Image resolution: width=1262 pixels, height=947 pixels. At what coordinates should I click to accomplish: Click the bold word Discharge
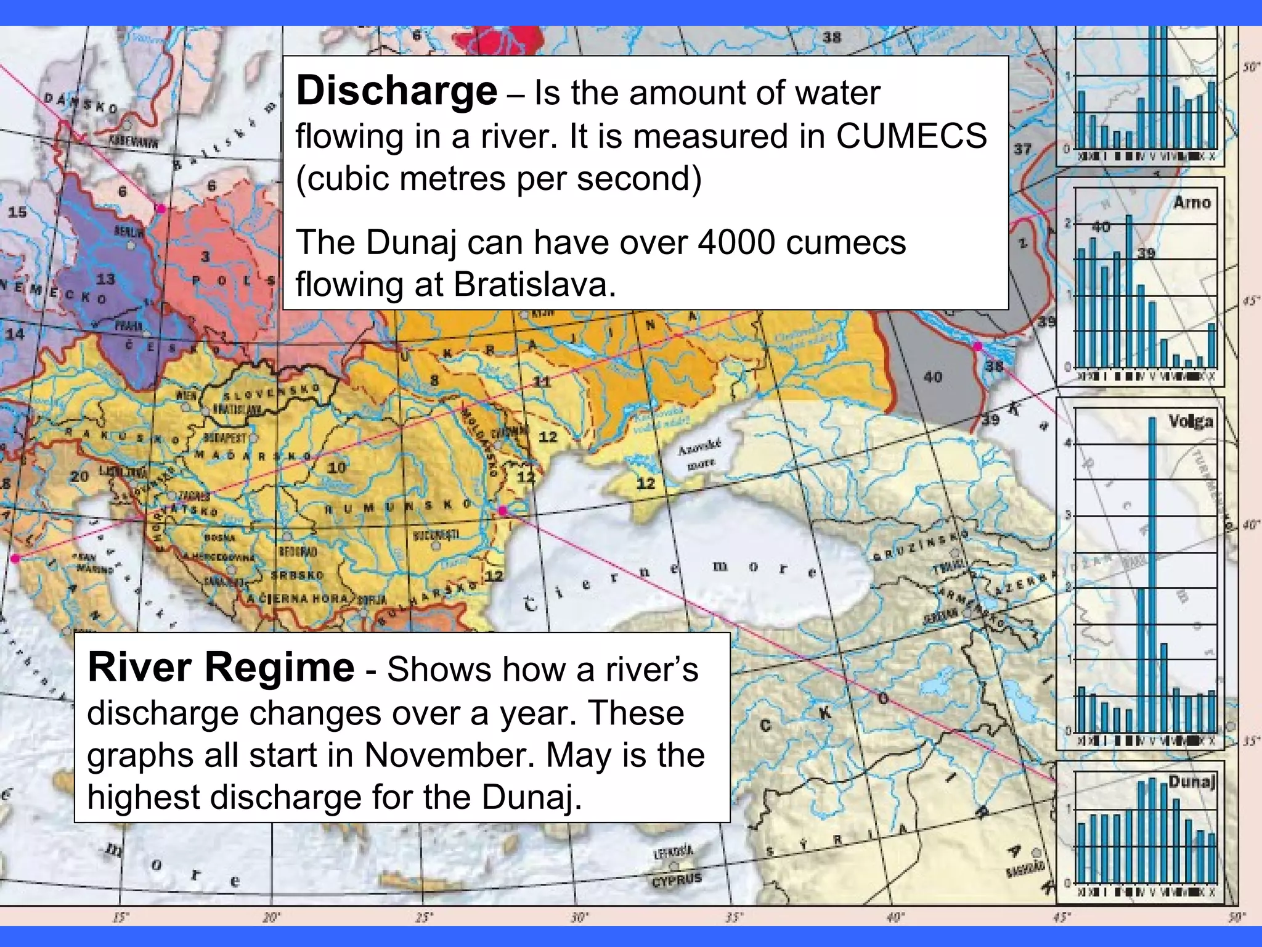[396, 91]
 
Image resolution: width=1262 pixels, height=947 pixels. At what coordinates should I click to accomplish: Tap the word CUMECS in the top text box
[911, 136]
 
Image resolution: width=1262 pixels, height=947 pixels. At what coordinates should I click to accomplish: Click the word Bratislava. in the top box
[535, 285]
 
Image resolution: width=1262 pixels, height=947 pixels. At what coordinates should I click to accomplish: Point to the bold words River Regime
[221, 668]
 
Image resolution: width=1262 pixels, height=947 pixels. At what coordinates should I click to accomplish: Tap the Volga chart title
[1191, 422]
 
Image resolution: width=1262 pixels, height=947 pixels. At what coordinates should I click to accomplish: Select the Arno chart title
[1192, 202]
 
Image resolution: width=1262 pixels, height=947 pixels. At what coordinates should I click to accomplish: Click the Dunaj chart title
[1192, 782]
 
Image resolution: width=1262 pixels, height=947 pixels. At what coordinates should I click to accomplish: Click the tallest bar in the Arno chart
[1129, 290]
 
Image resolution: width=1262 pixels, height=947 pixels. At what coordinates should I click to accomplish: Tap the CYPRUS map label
[677, 879]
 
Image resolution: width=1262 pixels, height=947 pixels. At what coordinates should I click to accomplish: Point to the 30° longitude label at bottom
[578, 917]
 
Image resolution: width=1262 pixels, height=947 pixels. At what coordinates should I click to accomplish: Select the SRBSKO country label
[298, 575]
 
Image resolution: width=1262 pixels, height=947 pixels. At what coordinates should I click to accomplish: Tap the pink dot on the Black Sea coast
[502, 510]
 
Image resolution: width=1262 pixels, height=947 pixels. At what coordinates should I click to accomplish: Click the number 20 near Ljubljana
[79, 476]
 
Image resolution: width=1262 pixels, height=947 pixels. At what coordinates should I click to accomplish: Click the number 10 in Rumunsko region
[336, 467]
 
